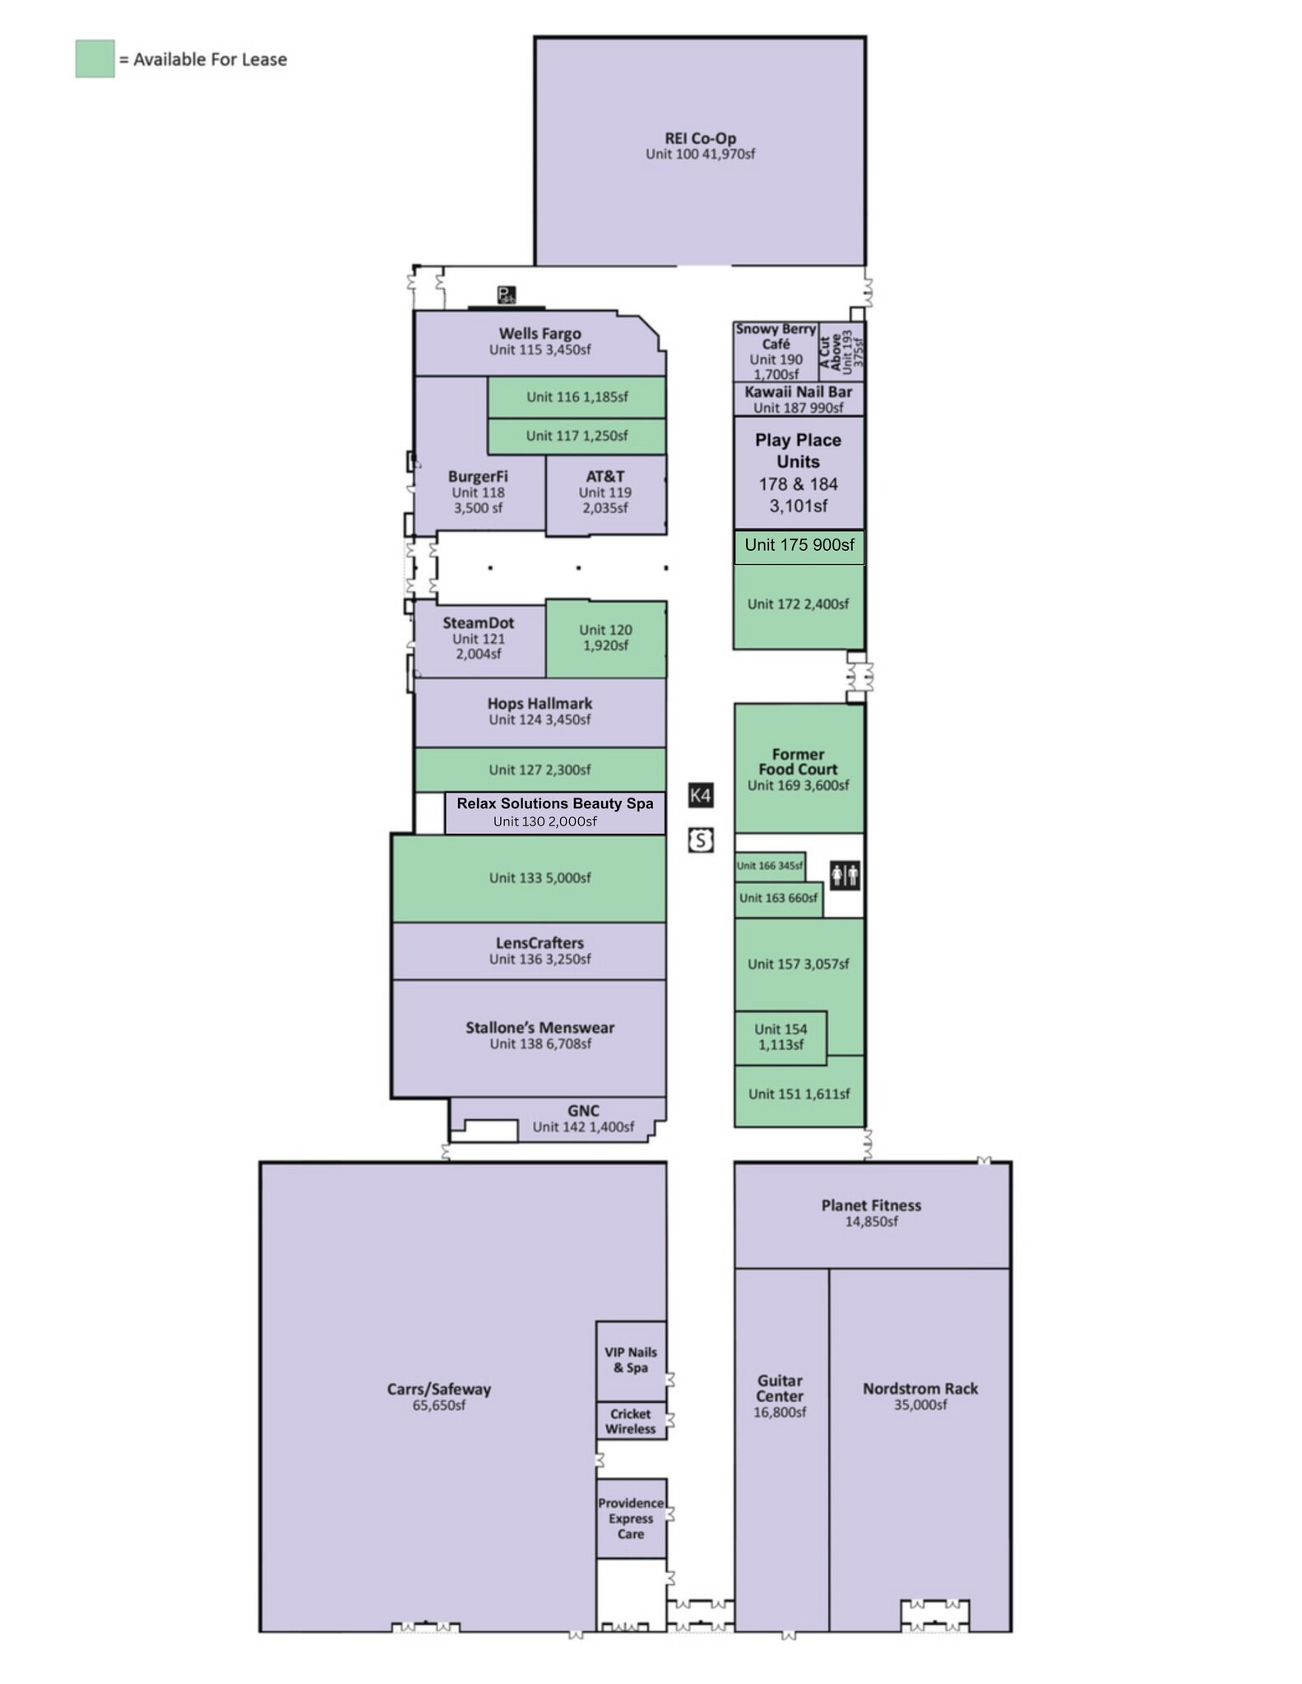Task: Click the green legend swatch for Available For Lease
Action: (95, 59)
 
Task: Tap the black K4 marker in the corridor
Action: (700, 795)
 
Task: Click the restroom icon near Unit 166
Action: (845, 875)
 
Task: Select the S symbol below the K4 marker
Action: (700, 840)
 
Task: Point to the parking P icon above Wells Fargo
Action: (506, 294)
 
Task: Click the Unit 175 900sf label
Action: (799, 545)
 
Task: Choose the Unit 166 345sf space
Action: (769, 866)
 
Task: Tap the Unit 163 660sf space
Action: (778, 898)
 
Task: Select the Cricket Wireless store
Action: (630, 1421)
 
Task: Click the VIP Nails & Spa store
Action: (630, 1360)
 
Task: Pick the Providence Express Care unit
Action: (630, 1518)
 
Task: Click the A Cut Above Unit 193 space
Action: (841, 351)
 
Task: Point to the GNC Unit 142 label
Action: (582, 1119)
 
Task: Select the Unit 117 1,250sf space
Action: (577, 436)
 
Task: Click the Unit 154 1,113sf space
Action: (780, 1037)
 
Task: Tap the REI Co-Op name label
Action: (700, 138)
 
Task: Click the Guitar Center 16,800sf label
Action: (780, 1395)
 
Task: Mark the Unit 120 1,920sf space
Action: (605, 637)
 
